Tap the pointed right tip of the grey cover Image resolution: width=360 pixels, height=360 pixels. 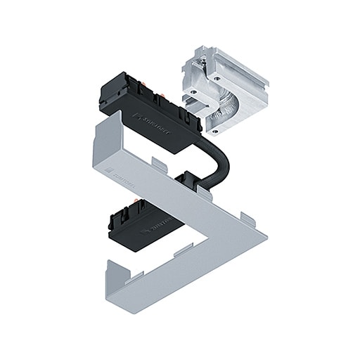point(265,230)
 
